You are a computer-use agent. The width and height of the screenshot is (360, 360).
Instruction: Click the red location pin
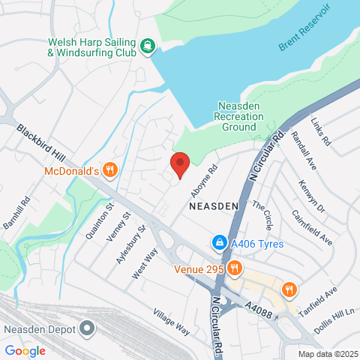click(179, 163)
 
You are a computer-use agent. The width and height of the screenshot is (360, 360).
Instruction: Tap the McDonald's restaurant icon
click(110, 169)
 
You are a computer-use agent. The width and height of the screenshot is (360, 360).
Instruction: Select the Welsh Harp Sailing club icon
click(148, 46)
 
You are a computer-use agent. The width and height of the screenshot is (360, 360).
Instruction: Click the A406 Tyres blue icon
click(219, 243)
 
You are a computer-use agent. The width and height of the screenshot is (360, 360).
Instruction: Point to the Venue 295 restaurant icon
click(234, 268)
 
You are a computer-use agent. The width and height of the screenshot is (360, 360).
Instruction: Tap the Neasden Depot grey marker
click(88, 328)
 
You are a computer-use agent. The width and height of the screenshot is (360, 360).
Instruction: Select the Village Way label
click(171, 319)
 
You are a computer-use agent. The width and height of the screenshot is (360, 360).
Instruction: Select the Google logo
click(25, 350)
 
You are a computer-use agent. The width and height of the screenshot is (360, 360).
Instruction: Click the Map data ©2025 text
click(327, 354)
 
